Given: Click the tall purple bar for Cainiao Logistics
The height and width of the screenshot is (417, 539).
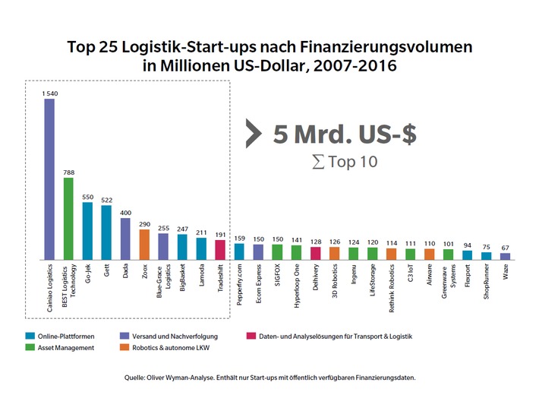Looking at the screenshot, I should point(49,179).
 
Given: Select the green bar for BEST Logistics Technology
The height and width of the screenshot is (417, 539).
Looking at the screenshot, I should point(68,219).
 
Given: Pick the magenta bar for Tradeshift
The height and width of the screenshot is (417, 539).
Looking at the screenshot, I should point(220,250).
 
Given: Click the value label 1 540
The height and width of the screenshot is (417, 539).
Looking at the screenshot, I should point(49,93).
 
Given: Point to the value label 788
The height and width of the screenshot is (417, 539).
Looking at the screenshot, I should point(68,172).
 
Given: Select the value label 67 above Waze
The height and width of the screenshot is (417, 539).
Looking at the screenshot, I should point(506,248).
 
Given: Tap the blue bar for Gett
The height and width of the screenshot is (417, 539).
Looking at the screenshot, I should point(106,232).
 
